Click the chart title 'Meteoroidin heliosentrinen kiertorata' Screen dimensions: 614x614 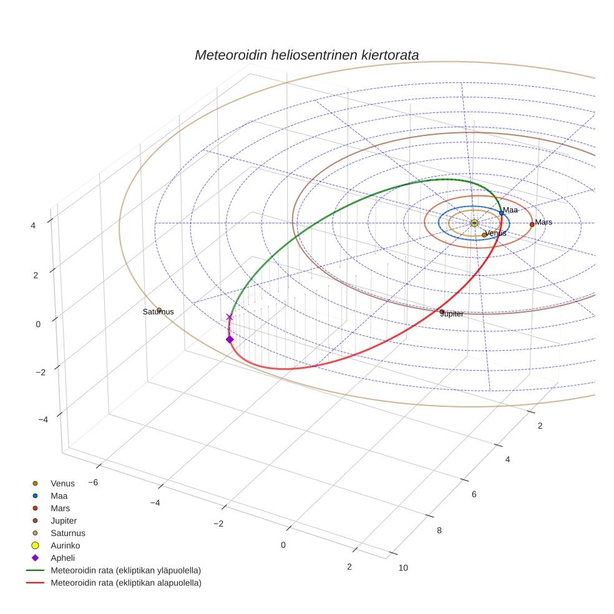(306, 55)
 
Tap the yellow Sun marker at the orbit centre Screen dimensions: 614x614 (474, 223)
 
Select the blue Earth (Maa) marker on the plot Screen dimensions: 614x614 (501, 213)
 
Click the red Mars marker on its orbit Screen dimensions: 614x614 (532, 224)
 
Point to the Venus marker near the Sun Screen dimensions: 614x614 (484, 235)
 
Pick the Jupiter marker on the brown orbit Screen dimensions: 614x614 (442, 311)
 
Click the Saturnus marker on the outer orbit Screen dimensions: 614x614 (159, 310)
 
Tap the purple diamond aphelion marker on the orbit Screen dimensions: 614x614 (230, 339)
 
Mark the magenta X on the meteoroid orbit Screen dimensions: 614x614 (229, 317)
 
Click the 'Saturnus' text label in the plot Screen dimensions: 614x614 (158, 312)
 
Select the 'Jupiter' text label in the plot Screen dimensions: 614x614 (452, 314)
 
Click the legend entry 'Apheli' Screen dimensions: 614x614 (62, 558)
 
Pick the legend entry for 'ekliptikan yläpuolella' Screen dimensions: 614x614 (125, 570)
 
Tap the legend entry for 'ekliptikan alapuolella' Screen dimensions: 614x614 (125, 583)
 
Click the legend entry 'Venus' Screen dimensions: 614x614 (62, 483)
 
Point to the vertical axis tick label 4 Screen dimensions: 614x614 (32, 225)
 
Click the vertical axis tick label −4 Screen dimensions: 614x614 (42, 419)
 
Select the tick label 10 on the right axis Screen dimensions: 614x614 (403, 567)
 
